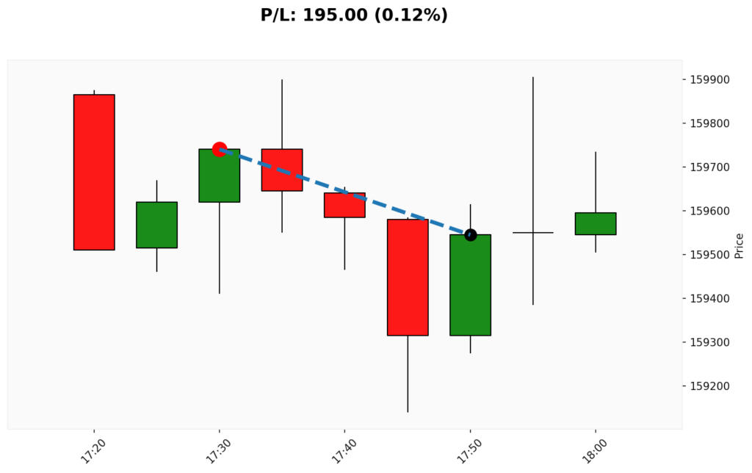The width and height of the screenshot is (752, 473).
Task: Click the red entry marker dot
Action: coord(219,149)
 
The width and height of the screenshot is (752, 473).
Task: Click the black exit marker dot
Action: coord(470,235)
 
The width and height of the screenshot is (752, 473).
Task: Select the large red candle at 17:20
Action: coord(94,172)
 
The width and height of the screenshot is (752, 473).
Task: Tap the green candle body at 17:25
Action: coord(156,225)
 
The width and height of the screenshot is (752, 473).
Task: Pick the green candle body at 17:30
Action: coord(219,176)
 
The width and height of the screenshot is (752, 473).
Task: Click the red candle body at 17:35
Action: coord(282,170)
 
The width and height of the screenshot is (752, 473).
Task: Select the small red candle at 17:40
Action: coord(344,205)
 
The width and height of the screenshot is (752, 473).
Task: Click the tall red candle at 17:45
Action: coord(408,277)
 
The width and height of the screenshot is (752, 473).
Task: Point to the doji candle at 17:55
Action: coord(533,233)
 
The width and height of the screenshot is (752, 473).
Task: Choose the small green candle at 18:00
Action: coord(596,223)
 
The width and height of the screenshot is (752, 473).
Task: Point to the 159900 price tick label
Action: coord(709,79)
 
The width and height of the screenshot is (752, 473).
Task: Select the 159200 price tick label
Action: coord(709,386)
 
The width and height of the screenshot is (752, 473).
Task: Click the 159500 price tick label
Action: coord(709,255)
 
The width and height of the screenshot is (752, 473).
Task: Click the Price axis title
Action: coord(740,245)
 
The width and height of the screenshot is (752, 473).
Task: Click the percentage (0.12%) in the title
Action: coord(411,15)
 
